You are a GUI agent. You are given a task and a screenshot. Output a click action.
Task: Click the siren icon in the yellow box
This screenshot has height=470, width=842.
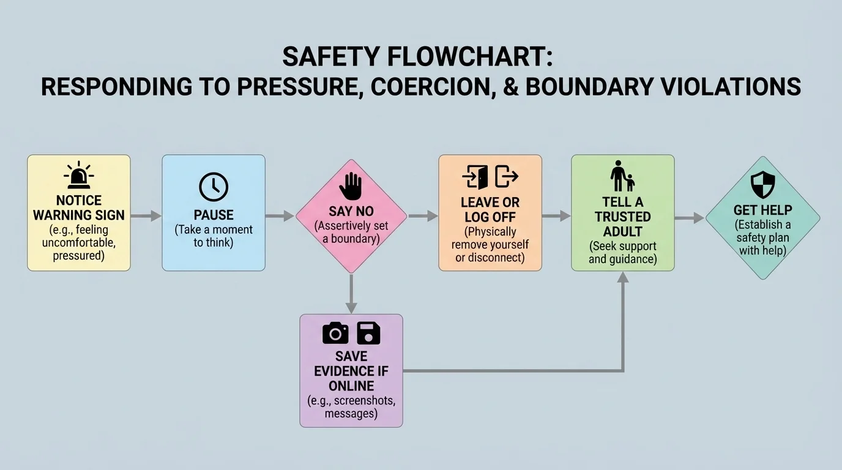[x=78, y=176]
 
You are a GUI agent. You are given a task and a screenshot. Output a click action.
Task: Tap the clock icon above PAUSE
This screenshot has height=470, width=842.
[x=214, y=187]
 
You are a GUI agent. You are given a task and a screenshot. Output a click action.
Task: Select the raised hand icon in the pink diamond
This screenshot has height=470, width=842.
[x=351, y=186]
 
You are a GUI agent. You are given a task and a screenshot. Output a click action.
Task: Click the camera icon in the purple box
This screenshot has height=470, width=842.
[x=335, y=333]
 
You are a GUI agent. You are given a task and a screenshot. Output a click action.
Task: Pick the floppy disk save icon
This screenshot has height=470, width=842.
[x=368, y=333]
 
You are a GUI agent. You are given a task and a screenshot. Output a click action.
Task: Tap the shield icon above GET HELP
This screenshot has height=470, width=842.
[x=762, y=184]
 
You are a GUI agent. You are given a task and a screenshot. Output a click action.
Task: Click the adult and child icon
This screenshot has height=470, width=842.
[x=622, y=176]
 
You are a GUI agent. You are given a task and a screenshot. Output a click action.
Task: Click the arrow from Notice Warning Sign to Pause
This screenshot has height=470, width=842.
[x=146, y=215]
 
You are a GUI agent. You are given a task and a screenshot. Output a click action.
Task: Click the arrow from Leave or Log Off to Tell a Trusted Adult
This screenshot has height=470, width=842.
[x=556, y=215]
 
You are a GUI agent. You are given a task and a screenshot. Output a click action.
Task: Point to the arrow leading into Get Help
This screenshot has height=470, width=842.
[x=689, y=217]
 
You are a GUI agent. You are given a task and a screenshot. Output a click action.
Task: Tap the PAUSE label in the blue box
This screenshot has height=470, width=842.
[x=214, y=215]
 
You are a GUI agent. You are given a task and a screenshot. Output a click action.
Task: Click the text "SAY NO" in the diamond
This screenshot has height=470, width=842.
[x=351, y=211]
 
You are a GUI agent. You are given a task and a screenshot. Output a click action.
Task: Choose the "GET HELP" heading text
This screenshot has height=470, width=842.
[x=762, y=211]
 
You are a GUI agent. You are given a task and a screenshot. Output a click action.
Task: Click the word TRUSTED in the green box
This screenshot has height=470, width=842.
[x=622, y=217]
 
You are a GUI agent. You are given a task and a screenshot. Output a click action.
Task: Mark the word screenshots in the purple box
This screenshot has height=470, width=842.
[x=351, y=401]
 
